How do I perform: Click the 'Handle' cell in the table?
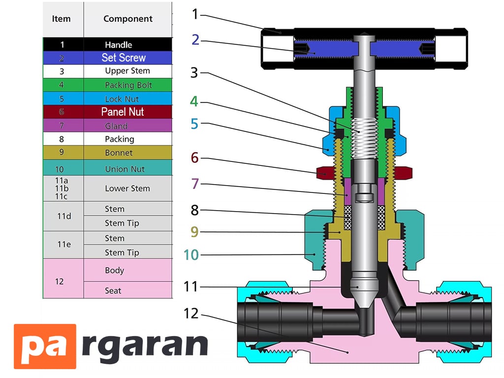point(128,44)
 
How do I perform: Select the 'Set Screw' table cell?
point(128,58)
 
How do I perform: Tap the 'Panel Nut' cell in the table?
point(128,112)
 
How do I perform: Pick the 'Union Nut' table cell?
point(128,168)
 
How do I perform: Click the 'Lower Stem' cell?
point(128,189)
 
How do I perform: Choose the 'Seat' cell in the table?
point(128,290)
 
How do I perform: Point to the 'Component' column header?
point(128,19)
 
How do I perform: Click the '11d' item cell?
point(63,216)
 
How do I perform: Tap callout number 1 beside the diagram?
point(195,14)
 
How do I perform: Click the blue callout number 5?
point(194,124)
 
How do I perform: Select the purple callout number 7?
point(195,184)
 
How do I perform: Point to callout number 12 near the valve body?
point(191,314)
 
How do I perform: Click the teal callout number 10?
point(191,255)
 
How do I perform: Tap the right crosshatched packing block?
point(381,218)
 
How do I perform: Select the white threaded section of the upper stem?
point(364,138)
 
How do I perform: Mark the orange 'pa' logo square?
point(45,346)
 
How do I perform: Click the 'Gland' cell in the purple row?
point(128,126)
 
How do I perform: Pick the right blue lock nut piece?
point(397,132)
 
